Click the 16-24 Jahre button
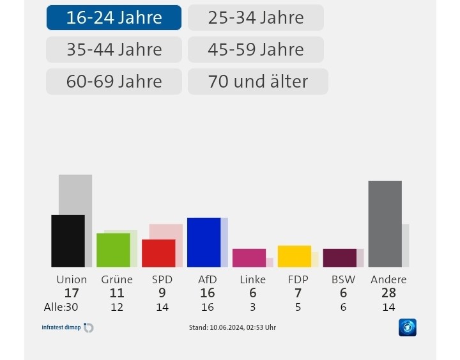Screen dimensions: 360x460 (x=114, y=18)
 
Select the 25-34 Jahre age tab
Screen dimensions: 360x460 (x=256, y=18)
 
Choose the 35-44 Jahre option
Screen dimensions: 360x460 (x=114, y=49)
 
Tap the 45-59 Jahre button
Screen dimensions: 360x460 (x=256, y=49)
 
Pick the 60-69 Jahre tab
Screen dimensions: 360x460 (x=114, y=81)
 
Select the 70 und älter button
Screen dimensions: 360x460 (x=257, y=81)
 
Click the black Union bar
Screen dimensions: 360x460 (x=68, y=241)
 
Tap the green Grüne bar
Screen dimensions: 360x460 (x=113, y=250)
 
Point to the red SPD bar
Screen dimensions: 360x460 (x=158, y=253)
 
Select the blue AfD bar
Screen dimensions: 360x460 (x=204, y=242)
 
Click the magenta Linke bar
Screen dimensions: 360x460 (x=249, y=258)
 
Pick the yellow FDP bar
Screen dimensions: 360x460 (x=295, y=256)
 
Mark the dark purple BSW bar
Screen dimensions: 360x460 (x=340, y=258)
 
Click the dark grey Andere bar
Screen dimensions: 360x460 (x=385, y=224)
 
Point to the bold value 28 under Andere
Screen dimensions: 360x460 (x=388, y=293)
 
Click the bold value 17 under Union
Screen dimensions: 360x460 (x=72, y=293)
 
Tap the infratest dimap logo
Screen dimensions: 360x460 (x=67, y=327)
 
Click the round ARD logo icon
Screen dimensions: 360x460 (x=408, y=327)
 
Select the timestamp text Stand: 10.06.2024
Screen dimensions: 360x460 (x=233, y=327)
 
